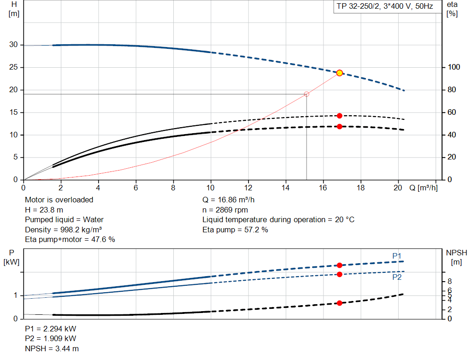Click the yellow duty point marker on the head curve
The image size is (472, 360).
(340, 73)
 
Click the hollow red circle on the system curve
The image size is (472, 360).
(307, 94)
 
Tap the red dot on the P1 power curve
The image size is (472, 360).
(340, 265)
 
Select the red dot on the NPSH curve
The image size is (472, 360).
(340, 303)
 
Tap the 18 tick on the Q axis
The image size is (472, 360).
(360, 188)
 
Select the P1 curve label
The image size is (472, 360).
(397, 255)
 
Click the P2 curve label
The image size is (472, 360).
(397, 277)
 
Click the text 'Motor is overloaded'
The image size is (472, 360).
(59, 200)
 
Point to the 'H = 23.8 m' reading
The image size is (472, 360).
(44, 210)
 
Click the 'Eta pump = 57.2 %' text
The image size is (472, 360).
(235, 230)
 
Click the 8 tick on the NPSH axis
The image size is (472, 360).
(449, 281)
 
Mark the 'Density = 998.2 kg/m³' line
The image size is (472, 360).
(63, 230)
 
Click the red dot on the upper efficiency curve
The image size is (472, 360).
(340, 116)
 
